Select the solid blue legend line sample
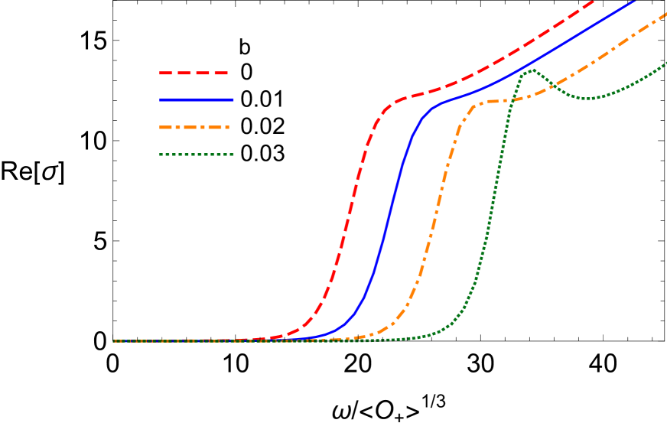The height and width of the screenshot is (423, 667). pyautogui.click(x=196, y=100)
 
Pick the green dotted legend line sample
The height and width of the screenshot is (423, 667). pyautogui.click(x=196, y=155)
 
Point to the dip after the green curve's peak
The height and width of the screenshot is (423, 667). pyautogui.click(x=586, y=98)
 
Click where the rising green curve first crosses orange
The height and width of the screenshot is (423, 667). pyautogui.click(x=509, y=100)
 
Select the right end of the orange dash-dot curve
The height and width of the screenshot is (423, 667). pyautogui.click(x=665, y=15)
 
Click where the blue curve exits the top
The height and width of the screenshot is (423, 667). pyautogui.click(x=635, y=2)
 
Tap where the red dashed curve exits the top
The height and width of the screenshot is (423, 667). pyautogui.click(x=594, y=2)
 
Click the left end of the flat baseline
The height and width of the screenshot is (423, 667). pyautogui.click(x=115, y=341)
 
